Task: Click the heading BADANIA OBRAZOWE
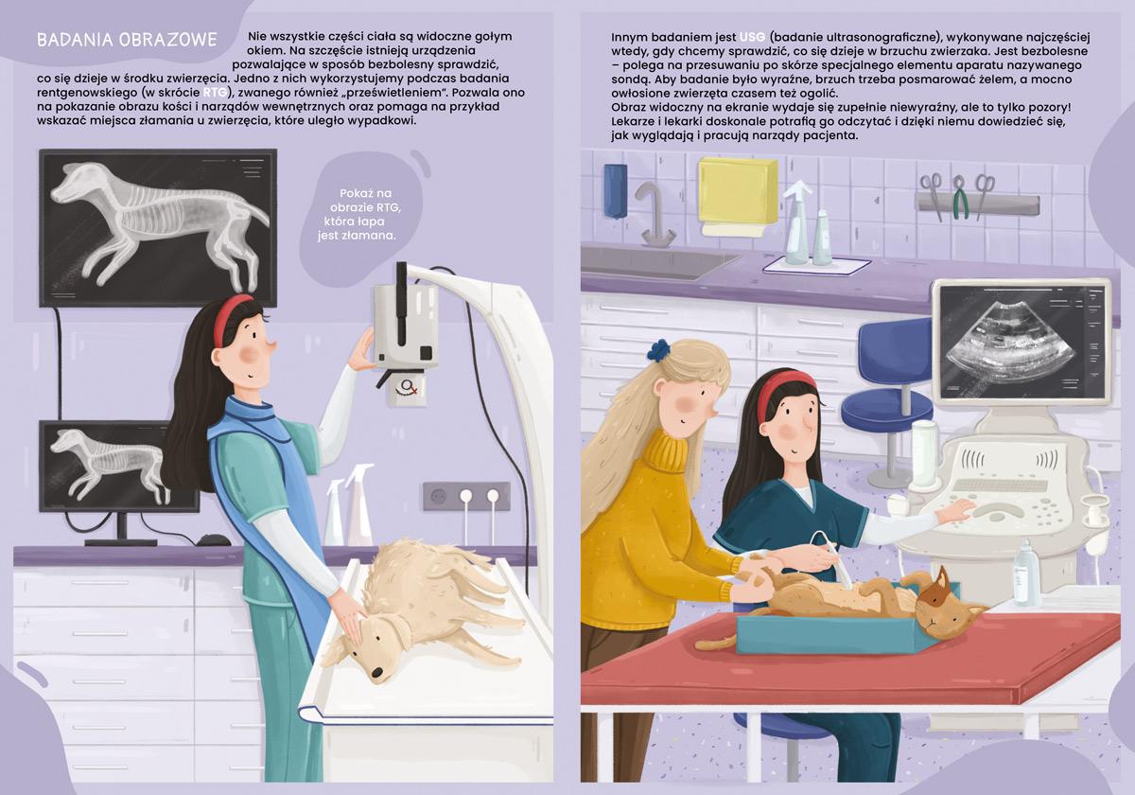tap(127, 40)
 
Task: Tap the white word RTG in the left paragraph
tap(215, 93)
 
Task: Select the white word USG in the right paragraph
tap(752, 38)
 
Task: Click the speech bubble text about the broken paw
tap(358, 215)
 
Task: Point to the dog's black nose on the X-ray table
tap(377, 672)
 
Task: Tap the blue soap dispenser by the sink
tap(616, 190)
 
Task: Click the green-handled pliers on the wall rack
tap(958, 197)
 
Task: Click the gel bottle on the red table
tap(1026, 573)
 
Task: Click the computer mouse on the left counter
tap(213, 540)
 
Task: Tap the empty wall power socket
tap(439, 496)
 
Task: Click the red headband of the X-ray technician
tap(229, 320)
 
